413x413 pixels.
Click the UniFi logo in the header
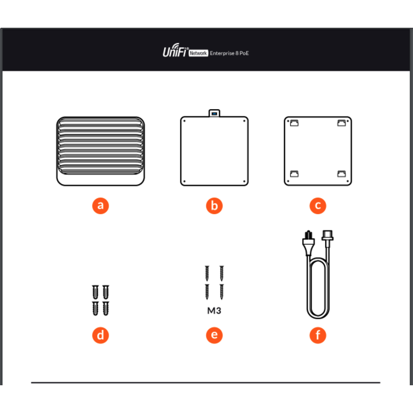175,50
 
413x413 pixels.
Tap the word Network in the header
198,53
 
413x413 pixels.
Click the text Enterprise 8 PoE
229,53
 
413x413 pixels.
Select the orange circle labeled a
100,205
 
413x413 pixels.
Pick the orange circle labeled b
214,205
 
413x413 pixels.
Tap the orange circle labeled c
317,205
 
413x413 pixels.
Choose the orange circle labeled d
100,335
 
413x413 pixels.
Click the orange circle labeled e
214,335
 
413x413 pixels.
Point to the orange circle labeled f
317,335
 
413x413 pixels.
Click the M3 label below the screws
214,311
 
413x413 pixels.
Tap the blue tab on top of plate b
214,114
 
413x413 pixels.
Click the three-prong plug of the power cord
308,242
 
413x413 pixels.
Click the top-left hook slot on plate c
294,123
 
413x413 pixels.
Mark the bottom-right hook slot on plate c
342,173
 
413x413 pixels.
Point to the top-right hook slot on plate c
342,123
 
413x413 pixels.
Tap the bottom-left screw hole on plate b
184,181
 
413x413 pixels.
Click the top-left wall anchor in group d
96,292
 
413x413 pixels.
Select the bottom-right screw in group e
221,292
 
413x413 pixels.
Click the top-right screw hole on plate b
244,121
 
